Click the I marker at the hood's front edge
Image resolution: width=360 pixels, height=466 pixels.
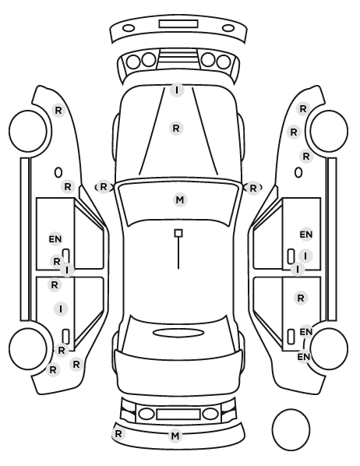click(177, 90)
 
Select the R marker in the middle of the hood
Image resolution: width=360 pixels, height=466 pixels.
click(176, 129)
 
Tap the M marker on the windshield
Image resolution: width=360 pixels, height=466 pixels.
click(180, 200)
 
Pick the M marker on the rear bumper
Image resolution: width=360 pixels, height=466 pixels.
click(175, 436)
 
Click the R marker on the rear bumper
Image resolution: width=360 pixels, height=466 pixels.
click(118, 433)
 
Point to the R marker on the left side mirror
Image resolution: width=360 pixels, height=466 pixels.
click(103, 187)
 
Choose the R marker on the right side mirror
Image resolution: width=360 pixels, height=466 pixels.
click(253, 188)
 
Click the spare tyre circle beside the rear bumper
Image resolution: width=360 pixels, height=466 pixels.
click(291, 429)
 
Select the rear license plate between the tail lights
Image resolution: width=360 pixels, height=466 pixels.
click(178, 414)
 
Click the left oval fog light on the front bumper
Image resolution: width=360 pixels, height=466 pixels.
click(129, 29)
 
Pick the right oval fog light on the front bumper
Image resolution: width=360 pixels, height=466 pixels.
click(228, 28)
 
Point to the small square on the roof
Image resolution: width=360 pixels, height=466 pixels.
click(178, 233)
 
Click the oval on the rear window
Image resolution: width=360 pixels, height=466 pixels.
click(178, 333)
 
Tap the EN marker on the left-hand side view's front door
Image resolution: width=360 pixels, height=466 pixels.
click(55, 239)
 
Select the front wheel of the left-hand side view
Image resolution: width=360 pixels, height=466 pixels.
click(28, 131)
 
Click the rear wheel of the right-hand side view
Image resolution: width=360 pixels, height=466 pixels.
click(329, 348)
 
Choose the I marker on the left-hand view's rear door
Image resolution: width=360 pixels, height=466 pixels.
click(61, 309)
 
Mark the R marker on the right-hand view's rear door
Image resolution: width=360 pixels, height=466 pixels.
click(301, 298)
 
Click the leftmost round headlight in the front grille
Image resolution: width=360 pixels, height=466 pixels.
click(133, 62)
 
